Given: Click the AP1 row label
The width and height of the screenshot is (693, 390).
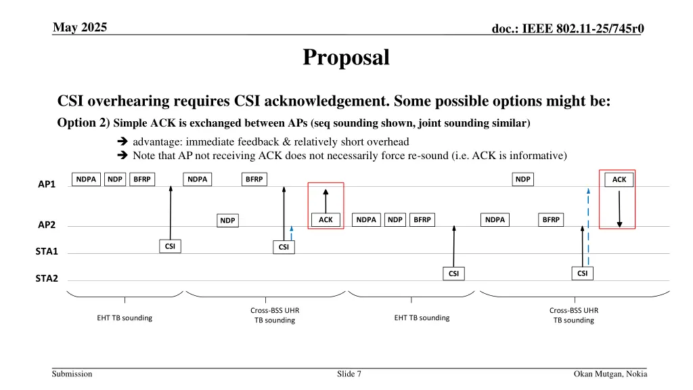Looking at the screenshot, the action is (x=47, y=184).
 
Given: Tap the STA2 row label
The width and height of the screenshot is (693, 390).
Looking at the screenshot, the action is (x=47, y=278).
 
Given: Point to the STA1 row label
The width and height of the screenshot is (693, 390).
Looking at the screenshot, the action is (x=47, y=251).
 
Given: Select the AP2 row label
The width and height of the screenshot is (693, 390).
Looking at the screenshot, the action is (x=47, y=225).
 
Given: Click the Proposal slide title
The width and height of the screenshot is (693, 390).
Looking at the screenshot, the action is (x=346, y=58).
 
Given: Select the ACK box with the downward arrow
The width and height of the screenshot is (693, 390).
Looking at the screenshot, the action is (x=619, y=179).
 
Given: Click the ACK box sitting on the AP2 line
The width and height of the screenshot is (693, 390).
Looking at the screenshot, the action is (x=326, y=220).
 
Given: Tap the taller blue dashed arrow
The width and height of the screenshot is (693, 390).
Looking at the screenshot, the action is (x=588, y=227).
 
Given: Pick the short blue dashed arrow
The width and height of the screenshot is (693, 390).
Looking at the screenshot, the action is (x=291, y=233).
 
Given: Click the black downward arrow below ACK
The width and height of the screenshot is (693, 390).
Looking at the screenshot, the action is (x=619, y=209).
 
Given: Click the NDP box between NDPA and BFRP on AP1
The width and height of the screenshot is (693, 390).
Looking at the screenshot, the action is (x=115, y=179).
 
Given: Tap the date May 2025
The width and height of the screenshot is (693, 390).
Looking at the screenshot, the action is (x=80, y=27).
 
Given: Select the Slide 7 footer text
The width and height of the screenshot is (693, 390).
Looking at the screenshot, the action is (x=349, y=374).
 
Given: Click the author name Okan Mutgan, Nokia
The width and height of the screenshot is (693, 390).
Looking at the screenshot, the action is (x=610, y=374).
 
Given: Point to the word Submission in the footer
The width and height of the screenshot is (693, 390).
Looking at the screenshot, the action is (x=72, y=374).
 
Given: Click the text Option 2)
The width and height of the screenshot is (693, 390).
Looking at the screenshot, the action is (x=83, y=123).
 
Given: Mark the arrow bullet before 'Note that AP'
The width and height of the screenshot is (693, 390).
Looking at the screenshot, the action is (x=122, y=155).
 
